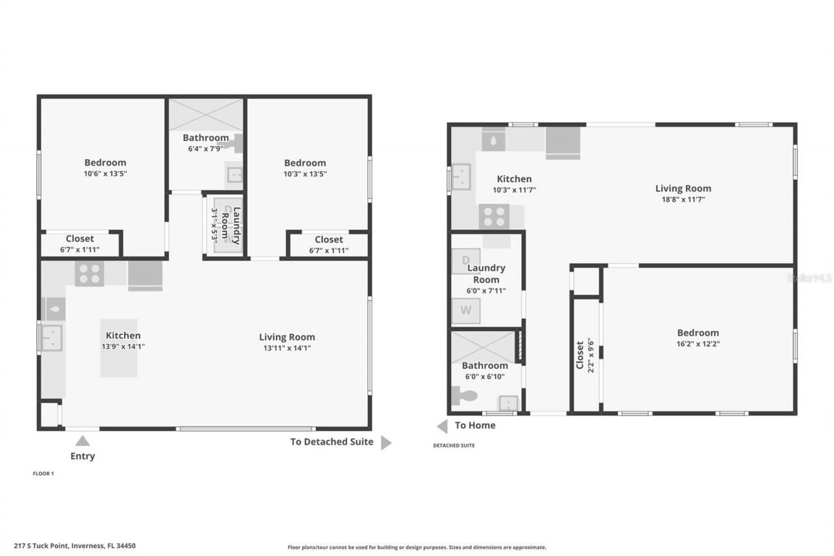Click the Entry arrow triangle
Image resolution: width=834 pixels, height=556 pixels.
[x=82, y=441]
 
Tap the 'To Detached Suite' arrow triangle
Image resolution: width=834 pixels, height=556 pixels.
[x=386, y=443]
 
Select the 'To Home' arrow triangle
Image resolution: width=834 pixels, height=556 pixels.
[x=442, y=426]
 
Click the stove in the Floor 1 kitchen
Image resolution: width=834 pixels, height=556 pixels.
[x=89, y=274]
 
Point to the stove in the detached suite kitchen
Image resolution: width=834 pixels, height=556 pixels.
[x=494, y=217]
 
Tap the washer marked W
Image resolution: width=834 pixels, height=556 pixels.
[x=466, y=310]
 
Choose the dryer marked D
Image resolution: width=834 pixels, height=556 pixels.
[x=466, y=261]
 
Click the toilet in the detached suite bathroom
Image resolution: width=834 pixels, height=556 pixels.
[x=464, y=395]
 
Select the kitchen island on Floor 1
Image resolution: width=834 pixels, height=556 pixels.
[x=119, y=348]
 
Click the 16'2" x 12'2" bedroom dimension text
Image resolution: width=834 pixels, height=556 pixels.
[x=698, y=344]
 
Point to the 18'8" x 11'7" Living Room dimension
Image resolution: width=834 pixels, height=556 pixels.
[x=683, y=199]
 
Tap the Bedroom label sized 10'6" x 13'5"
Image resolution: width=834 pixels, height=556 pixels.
[x=105, y=163]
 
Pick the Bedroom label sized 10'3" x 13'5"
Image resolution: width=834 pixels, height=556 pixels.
[x=304, y=163]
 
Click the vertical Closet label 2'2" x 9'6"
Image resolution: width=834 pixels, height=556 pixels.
[x=584, y=354]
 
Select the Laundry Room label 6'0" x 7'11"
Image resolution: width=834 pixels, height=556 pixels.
[x=486, y=274]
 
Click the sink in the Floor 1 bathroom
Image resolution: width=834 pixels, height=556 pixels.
[x=234, y=175]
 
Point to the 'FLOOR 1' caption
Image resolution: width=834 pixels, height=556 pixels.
[x=43, y=474]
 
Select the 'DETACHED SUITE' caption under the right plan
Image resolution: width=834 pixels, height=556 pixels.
[x=453, y=446]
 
